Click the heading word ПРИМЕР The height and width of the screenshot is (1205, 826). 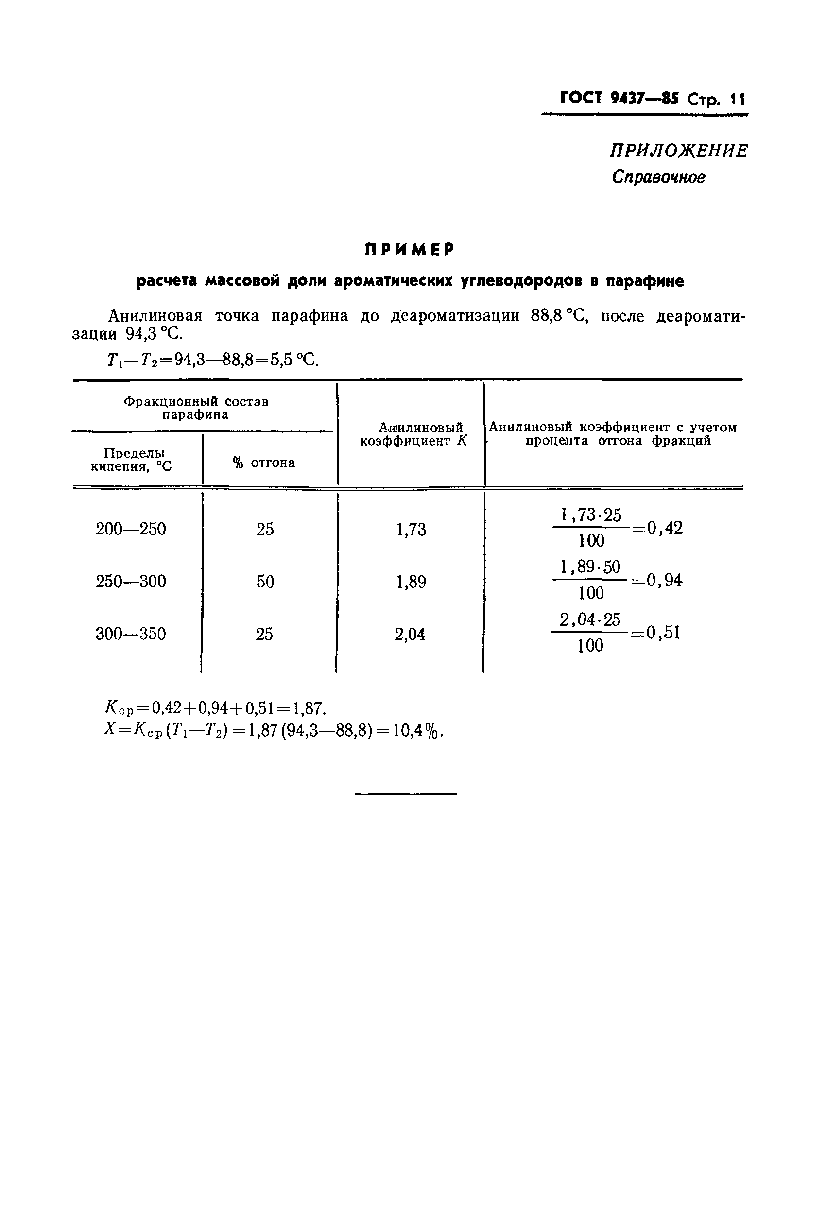[x=409, y=250]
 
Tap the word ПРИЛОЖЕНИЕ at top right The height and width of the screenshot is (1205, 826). [x=679, y=151]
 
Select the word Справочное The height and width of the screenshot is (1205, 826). [x=658, y=177]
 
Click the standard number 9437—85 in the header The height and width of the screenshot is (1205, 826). [x=644, y=98]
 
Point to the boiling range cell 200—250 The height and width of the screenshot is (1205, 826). [x=131, y=529]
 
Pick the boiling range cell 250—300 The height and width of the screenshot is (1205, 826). [x=131, y=581]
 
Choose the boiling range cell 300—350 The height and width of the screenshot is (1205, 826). [x=131, y=634]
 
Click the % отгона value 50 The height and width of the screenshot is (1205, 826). [x=265, y=581]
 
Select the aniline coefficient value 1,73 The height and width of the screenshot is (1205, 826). [x=411, y=530]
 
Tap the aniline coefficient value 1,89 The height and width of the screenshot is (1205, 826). [x=411, y=582]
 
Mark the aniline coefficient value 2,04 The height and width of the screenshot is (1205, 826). [x=410, y=634]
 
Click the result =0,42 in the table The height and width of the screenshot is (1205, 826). [x=657, y=528]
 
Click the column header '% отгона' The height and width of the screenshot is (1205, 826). [x=264, y=463]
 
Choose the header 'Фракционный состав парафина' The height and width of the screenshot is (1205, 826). [x=196, y=408]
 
